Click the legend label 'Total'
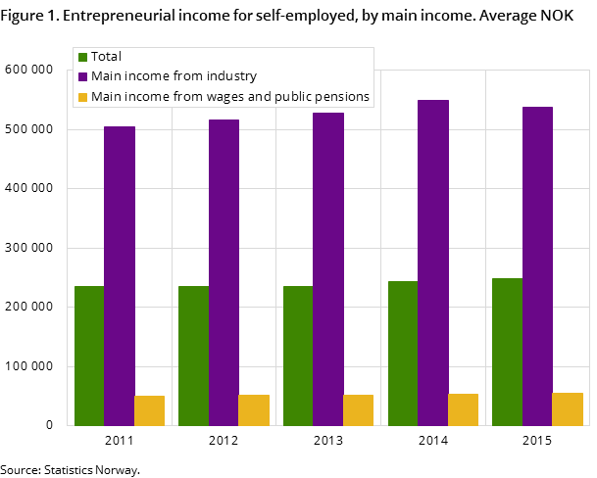106,57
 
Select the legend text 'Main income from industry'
174,76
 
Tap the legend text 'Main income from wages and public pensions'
229,96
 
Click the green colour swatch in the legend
83,57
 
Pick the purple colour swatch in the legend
83,76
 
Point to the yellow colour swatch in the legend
83,96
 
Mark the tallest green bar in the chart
507,352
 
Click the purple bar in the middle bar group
328,269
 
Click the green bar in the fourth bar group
402,354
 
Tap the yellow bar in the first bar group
149,410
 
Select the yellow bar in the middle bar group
358,410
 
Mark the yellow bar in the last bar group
568,409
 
